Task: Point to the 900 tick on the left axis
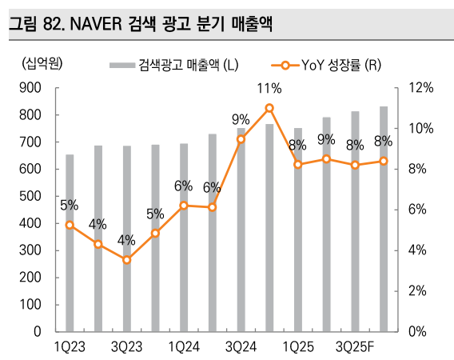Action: point(31,89)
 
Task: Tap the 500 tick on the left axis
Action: point(31,197)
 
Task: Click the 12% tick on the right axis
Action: point(420,89)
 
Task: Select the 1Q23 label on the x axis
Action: point(70,346)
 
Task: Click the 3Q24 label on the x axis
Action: point(241,346)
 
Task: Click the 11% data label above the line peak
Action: point(269,88)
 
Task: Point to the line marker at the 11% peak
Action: point(269,108)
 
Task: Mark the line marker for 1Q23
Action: point(70,225)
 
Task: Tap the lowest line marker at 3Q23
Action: point(126,260)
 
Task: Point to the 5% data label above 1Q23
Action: point(69,205)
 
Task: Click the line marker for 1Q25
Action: point(298,164)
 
